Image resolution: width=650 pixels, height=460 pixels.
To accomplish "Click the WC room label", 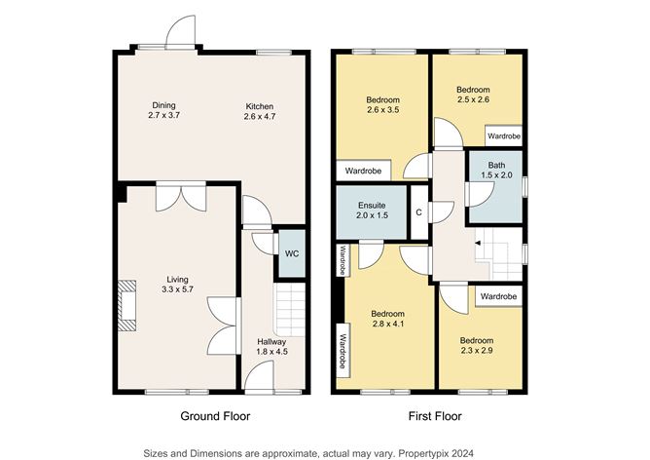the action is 292,253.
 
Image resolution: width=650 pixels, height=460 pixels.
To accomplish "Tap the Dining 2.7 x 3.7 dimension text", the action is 163,115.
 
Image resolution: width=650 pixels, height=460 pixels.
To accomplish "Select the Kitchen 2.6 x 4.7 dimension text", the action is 260,116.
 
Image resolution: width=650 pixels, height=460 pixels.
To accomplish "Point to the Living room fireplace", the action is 126,306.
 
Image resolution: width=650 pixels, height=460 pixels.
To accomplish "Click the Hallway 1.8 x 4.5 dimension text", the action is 271,351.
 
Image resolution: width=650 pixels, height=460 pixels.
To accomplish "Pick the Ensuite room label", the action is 372,206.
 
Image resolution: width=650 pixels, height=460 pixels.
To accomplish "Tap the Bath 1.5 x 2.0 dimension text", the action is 496,175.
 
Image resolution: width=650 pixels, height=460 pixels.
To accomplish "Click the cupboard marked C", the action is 419,212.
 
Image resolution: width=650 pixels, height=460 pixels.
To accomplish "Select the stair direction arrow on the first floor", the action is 478,243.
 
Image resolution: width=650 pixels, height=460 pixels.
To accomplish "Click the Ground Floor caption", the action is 215,416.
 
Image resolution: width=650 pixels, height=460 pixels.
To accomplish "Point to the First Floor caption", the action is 435,416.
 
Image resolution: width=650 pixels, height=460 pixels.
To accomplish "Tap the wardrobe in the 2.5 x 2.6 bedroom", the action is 504,135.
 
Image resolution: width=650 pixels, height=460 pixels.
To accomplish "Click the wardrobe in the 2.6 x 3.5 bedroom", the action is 363,171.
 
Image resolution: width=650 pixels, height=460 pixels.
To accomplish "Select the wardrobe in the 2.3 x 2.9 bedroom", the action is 498,296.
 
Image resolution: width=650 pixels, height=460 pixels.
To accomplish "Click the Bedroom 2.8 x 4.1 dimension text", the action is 387,324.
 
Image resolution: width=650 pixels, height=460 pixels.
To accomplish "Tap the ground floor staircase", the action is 290,309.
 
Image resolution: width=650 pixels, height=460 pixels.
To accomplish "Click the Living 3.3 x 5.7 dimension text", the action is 177,289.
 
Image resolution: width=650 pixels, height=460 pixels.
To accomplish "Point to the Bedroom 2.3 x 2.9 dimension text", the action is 477,351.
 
